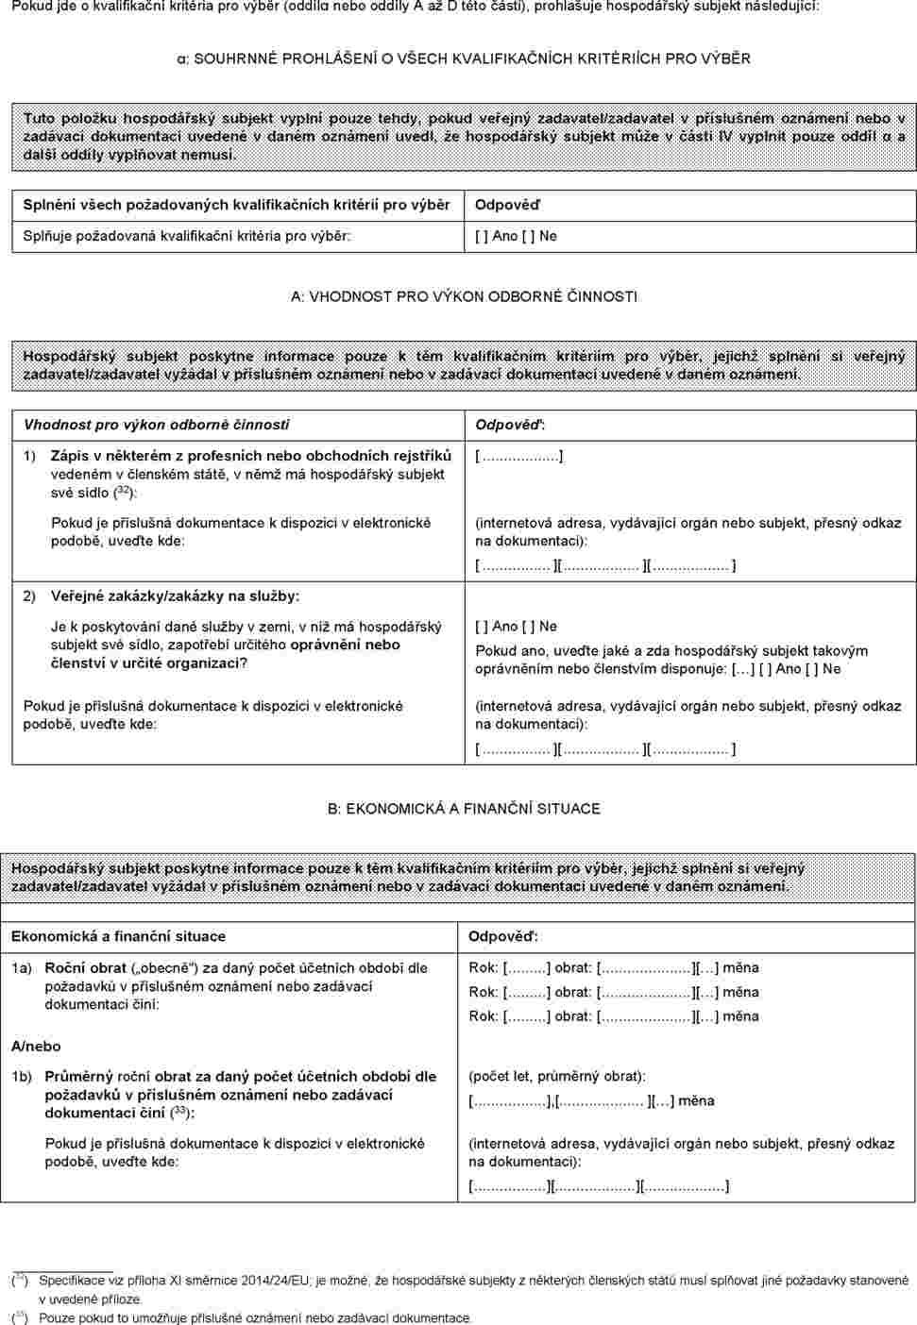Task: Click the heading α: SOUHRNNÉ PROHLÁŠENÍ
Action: (x=463, y=59)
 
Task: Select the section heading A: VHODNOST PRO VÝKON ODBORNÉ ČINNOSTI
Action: (x=464, y=296)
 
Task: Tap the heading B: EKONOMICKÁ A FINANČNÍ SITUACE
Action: (x=464, y=809)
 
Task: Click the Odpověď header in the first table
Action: (x=507, y=205)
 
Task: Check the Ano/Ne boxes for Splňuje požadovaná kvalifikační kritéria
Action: (x=516, y=236)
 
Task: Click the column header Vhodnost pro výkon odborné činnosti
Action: (x=157, y=425)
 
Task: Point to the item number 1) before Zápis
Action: (x=29, y=457)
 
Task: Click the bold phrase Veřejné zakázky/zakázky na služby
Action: (x=175, y=595)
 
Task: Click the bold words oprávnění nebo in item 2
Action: (x=345, y=645)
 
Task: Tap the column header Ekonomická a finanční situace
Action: (x=118, y=936)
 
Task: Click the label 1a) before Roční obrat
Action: (x=22, y=967)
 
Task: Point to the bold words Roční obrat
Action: (x=86, y=967)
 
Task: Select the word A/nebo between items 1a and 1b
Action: (x=36, y=1046)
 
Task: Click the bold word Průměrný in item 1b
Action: (x=79, y=1076)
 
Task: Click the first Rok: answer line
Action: (x=614, y=967)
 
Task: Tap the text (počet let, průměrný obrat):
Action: (x=557, y=1076)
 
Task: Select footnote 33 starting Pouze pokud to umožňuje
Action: (x=255, y=1317)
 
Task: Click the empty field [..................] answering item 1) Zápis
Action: (x=519, y=457)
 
